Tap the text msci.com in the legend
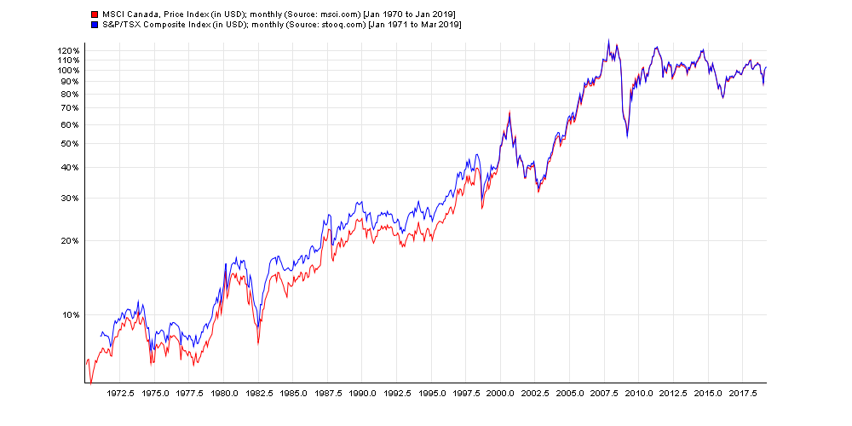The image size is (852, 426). click(302, 14)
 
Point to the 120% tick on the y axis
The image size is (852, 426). click(68, 51)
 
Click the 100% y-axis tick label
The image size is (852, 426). click(68, 70)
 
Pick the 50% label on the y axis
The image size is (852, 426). click(71, 143)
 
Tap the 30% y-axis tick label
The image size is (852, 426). click(71, 199)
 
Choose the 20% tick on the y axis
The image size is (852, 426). click(71, 241)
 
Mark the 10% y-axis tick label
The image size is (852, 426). click(71, 315)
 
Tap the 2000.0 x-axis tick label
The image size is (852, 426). click(500, 394)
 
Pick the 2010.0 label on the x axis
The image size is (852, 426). click(639, 394)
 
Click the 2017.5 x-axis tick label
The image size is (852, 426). click(742, 394)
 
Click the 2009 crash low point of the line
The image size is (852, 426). click(627, 136)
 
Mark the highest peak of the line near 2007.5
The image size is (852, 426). click(608, 40)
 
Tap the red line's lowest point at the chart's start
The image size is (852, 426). click(90, 383)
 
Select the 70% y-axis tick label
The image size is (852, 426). click(71, 108)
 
